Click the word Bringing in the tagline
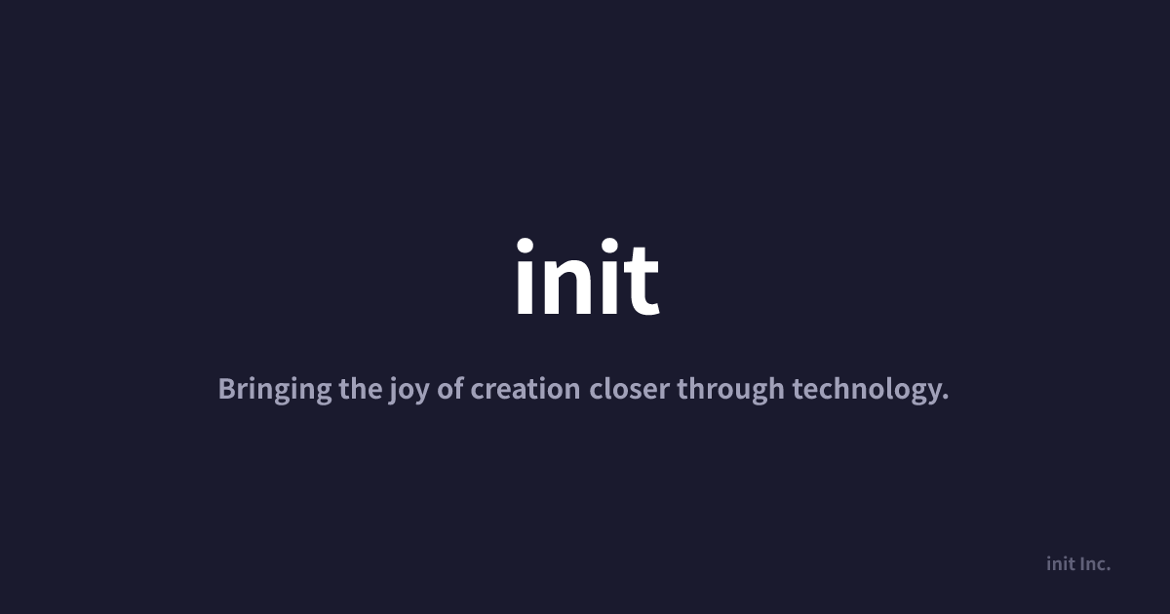[275, 390]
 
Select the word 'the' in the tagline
[361, 389]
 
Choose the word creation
[525, 390]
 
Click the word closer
[630, 389]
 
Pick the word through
[730, 390]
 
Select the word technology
[868, 390]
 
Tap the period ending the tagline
[946, 398]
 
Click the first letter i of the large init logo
[525, 276]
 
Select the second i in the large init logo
[610, 276]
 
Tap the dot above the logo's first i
[525, 246]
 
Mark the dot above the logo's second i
[610, 246]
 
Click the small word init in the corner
[1061, 564]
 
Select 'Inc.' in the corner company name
[1095, 564]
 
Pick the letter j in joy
[392, 391]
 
